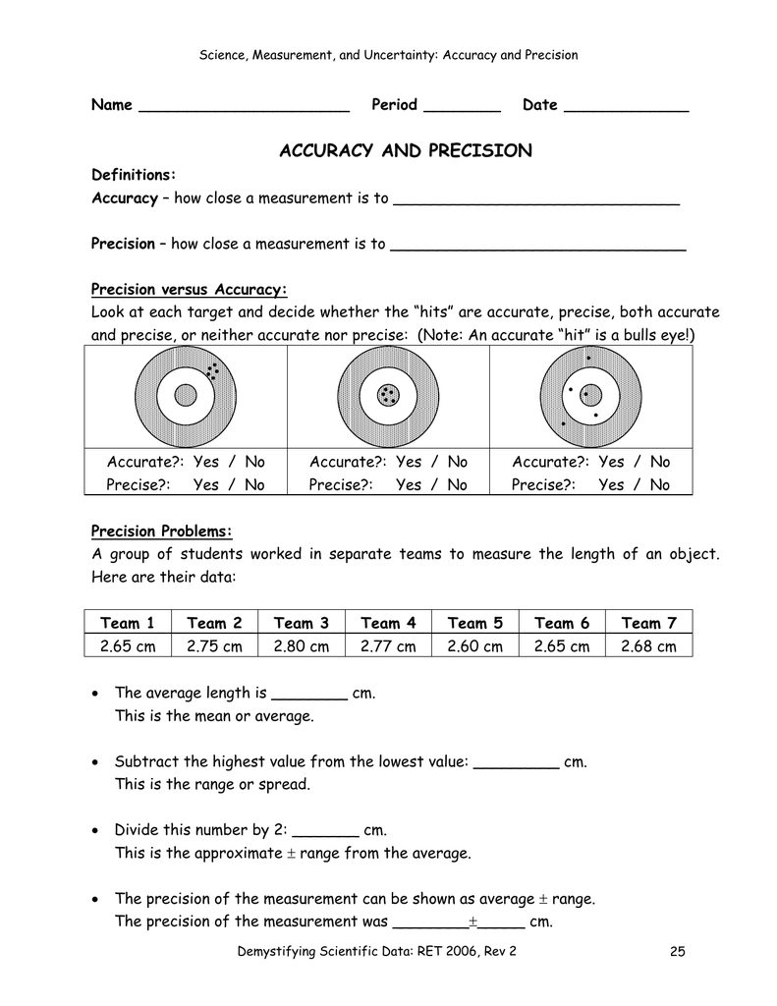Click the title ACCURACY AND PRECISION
click(x=406, y=151)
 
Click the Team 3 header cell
click(x=301, y=623)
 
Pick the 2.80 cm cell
click(x=301, y=646)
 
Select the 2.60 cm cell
click(x=474, y=646)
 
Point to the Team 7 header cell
click(x=648, y=623)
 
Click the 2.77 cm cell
click(x=388, y=646)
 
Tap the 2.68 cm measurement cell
click(x=648, y=646)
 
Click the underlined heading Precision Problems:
click(x=162, y=531)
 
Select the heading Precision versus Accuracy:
click(x=189, y=289)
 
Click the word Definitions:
click(x=134, y=175)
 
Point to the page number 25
click(x=675, y=951)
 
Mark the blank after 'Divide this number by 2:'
click(x=327, y=832)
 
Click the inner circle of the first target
click(x=185, y=396)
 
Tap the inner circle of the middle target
click(x=388, y=396)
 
